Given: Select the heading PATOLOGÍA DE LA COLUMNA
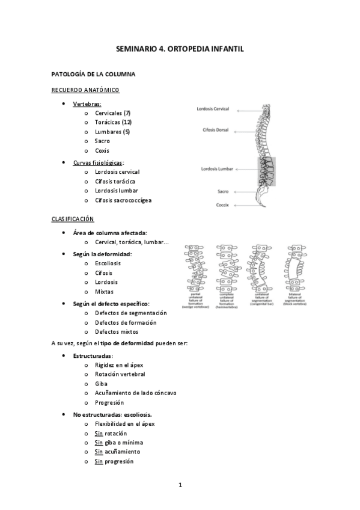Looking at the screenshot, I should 93,74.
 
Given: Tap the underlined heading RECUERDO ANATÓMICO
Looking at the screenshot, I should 85,90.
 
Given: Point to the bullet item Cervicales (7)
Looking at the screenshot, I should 112,112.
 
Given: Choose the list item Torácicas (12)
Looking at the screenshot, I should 113,122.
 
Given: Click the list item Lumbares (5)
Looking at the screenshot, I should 112,132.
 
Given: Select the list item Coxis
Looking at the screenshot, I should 102,150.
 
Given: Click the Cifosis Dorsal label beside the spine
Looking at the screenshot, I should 216,129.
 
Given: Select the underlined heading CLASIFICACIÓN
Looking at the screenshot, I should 73,219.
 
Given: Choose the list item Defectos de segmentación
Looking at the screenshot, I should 130,313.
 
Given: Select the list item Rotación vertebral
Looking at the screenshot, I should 120,373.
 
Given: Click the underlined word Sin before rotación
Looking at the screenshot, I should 99,433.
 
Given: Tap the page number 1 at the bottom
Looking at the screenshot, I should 180,485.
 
